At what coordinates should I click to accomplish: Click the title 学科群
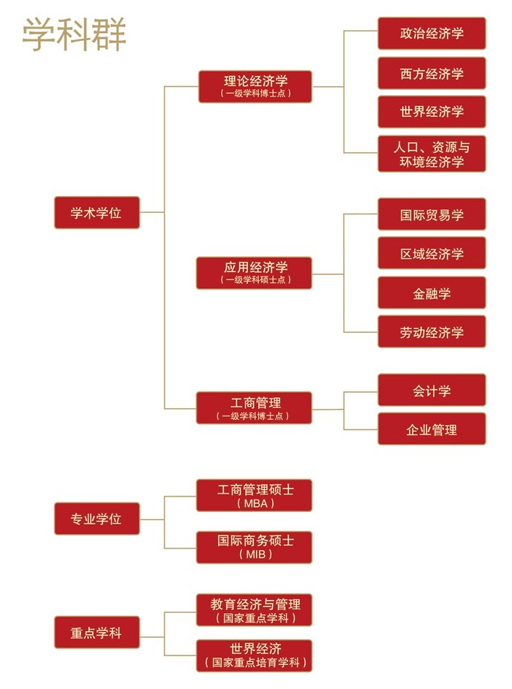[x=73, y=34]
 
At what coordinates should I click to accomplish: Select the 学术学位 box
[x=97, y=213]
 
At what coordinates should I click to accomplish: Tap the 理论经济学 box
[x=255, y=86]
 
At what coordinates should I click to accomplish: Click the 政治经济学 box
[x=432, y=34]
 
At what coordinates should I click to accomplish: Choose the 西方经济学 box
[x=432, y=73]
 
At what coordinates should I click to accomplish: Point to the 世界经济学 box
[x=432, y=112]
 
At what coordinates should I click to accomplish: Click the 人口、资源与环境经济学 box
[x=432, y=154]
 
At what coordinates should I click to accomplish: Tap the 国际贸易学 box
[x=432, y=214]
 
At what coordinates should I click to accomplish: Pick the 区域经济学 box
[x=432, y=253]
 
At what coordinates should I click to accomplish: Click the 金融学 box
[x=432, y=293]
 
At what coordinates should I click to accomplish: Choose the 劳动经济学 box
[x=432, y=332]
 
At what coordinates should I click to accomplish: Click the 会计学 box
[x=432, y=391]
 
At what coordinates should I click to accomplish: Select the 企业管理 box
[x=432, y=429]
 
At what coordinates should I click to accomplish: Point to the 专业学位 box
[x=97, y=519]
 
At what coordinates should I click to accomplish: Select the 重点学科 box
[x=97, y=633]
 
